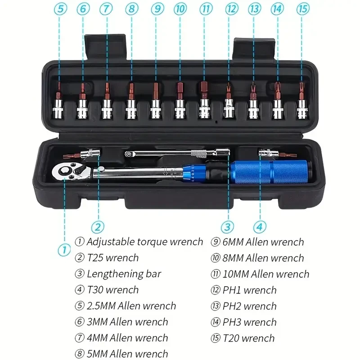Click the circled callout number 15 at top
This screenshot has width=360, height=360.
tap(302, 8)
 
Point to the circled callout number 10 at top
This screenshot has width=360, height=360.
tap(180, 8)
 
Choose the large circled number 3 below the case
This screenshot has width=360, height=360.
tap(228, 226)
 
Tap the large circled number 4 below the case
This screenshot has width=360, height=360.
tap(260, 226)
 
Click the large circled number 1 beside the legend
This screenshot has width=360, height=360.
tap(64, 249)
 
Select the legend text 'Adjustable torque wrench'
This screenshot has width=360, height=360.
tap(144, 242)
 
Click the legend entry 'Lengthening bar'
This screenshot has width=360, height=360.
tap(124, 274)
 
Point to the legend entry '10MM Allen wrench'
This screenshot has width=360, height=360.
tap(265, 274)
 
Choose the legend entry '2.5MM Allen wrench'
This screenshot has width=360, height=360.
tap(131, 306)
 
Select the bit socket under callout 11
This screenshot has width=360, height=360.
tap(204, 101)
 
